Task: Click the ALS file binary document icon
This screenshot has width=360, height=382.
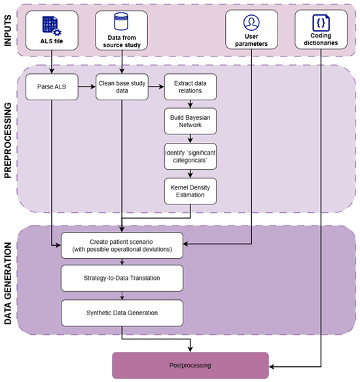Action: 52,26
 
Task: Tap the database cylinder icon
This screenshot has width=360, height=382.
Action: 121,22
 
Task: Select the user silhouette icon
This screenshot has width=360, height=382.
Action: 251,22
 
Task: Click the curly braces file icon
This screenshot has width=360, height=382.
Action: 321,23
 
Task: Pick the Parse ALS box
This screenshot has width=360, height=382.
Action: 52,87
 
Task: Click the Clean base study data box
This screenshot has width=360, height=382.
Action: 122,87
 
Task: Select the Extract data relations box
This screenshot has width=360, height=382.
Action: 190,87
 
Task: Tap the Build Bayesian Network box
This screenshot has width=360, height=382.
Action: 190,121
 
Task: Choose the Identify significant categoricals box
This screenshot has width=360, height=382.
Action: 190,157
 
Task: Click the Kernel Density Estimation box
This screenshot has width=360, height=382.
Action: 190,191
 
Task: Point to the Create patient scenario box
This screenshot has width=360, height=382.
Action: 122,245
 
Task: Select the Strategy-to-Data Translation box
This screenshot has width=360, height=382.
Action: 122,278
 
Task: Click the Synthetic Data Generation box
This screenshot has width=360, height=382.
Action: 122,313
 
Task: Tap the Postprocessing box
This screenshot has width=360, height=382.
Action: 190,365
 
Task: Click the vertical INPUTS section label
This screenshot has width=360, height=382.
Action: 8,30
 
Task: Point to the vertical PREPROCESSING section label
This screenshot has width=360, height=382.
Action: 8,140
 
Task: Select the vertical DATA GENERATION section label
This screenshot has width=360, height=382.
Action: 8,283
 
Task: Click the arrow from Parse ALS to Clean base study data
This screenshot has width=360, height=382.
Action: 87,86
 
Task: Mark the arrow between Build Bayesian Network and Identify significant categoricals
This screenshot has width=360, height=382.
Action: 190,139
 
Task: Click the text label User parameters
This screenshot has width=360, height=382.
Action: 251,40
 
